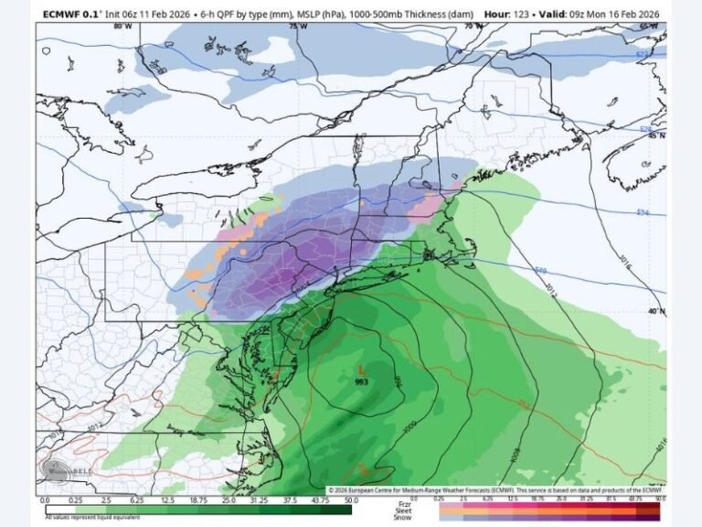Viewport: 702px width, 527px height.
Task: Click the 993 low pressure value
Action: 362,382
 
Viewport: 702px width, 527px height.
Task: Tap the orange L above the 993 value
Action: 363,371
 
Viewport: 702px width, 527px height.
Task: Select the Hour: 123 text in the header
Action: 509,14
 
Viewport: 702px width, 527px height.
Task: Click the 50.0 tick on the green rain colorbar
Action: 351,500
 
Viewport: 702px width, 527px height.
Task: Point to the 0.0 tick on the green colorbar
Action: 45,500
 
